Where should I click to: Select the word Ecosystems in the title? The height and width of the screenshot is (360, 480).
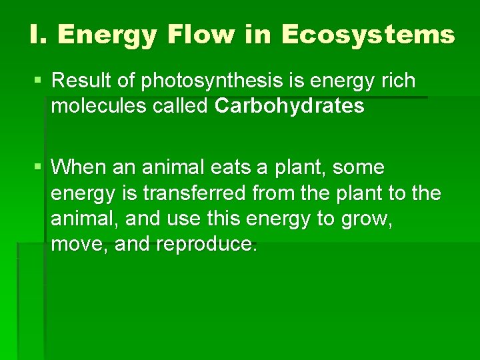point(368,35)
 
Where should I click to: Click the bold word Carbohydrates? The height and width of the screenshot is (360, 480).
point(290,107)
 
